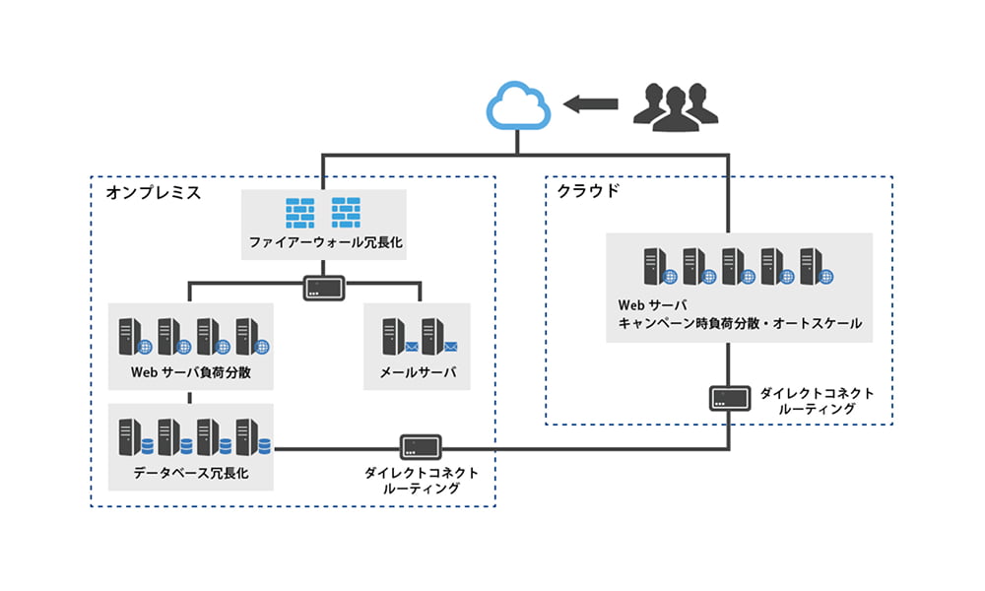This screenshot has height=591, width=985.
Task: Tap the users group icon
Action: tap(670, 105)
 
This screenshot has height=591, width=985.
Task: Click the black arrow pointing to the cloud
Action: tap(590, 102)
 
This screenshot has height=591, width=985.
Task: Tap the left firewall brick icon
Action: tap(298, 211)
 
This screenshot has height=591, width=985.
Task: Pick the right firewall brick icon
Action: tap(346, 211)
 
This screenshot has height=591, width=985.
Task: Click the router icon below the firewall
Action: tap(323, 288)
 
